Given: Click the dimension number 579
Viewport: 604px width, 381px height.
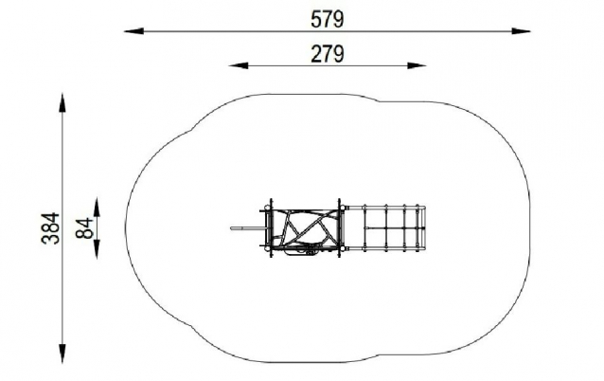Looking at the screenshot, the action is point(327,19).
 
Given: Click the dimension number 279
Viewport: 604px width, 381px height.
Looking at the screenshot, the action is point(327,54).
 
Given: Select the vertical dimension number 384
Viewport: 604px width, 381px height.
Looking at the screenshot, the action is point(51,227).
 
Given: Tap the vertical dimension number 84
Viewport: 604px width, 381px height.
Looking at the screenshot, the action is point(84,227).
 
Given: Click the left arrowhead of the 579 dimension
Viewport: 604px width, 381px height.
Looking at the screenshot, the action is point(133,31).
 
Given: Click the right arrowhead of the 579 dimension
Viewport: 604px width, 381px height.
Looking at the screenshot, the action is point(522,31).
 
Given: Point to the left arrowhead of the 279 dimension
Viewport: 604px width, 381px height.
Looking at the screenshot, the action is point(239,65).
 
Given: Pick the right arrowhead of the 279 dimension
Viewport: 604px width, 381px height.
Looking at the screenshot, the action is point(417,65).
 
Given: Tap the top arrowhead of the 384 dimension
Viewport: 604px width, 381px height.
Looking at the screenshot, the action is point(62,102).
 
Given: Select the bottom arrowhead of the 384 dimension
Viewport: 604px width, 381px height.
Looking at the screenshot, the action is point(62,354).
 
